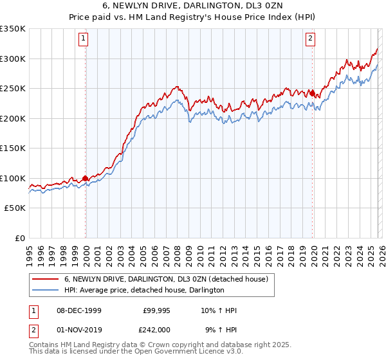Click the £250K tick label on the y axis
tap(13, 89)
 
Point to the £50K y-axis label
tap(15, 208)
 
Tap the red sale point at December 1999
tap(85, 179)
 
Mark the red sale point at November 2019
tap(312, 94)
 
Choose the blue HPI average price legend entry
tap(144, 290)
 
